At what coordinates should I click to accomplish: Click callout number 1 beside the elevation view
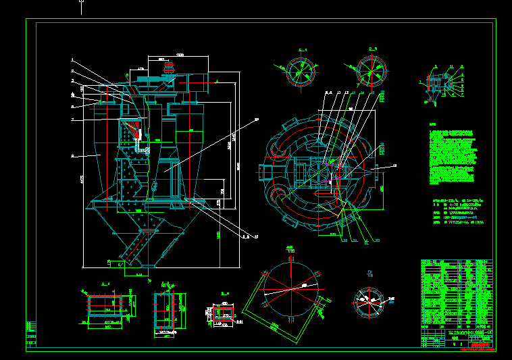pos(72,59)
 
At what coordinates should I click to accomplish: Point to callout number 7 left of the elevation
pos(72,120)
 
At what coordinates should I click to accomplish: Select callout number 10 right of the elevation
pos(257,120)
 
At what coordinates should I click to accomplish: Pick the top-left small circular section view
pos(298,70)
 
